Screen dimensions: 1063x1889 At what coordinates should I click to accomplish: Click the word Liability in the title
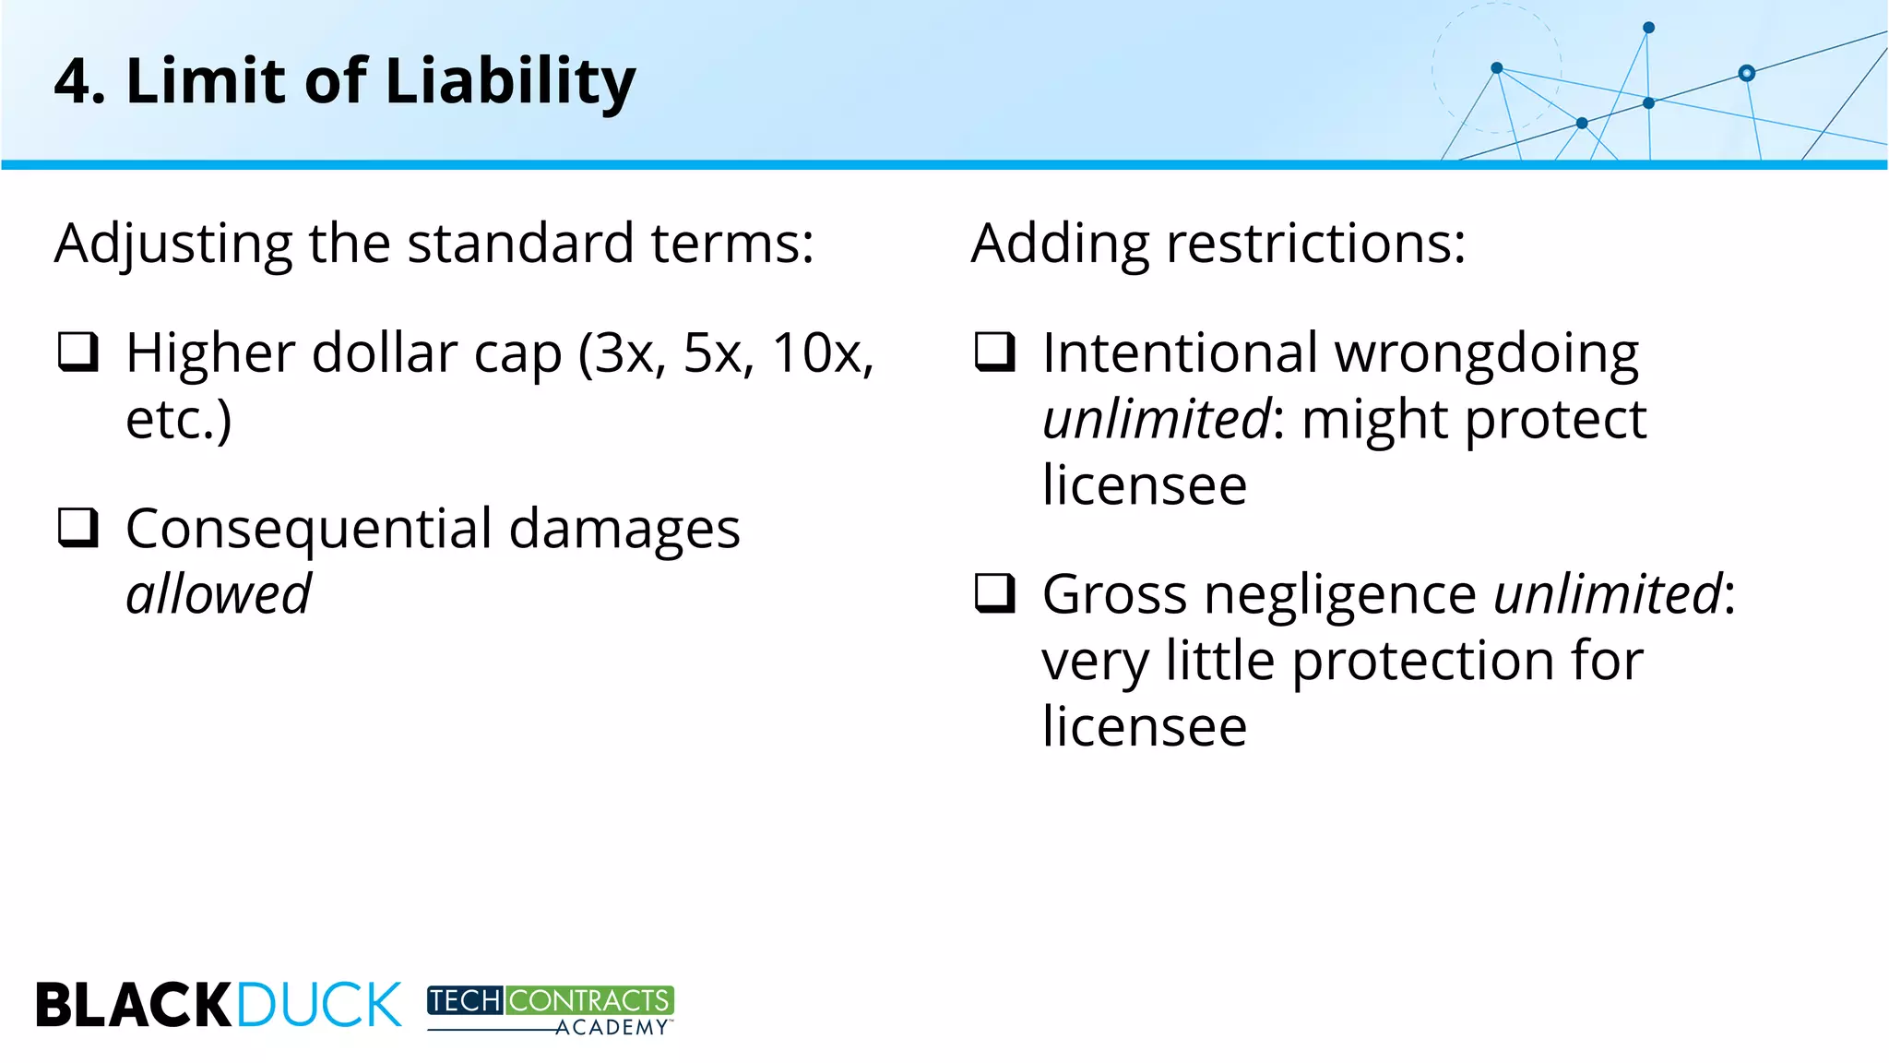coord(510,81)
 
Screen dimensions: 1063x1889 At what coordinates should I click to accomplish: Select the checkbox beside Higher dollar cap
coord(78,352)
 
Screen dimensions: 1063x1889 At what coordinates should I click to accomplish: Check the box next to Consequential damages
coord(78,528)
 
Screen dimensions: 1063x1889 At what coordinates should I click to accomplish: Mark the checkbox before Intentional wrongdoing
coord(995,352)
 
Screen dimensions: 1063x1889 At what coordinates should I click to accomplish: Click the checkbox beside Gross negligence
coord(995,593)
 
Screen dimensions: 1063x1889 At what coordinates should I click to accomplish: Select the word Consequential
coord(309,530)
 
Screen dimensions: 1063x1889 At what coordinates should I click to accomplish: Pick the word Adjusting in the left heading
coord(172,244)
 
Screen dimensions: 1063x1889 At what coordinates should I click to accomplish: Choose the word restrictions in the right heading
coord(1315,244)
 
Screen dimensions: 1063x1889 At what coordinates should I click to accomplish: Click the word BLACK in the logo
coord(133,1005)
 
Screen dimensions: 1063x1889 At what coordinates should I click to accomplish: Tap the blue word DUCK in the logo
coord(319,1005)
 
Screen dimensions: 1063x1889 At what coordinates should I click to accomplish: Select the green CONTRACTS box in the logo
coord(588,1000)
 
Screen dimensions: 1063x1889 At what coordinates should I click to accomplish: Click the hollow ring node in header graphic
coord(1746,73)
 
